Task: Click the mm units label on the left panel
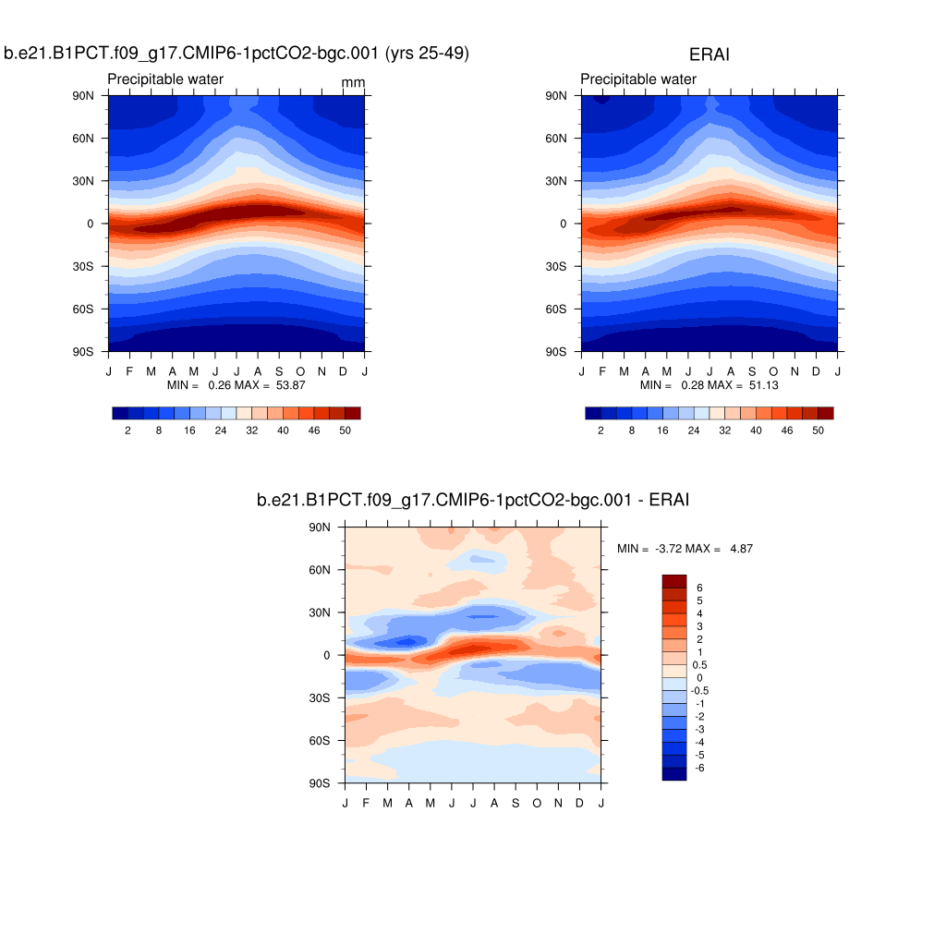pos(353,83)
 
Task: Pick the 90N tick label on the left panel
pos(84,95)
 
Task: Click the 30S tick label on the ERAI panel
pos(557,266)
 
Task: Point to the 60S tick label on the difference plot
pos(321,740)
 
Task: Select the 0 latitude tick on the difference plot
pos(327,655)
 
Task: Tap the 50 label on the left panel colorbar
pos(345,431)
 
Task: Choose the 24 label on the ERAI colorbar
pos(694,431)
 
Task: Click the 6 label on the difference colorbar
pos(700,588)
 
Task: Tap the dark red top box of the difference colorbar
pos(674,580)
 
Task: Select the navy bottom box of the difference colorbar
pos(674,774)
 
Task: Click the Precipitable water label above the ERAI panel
pos(638,79)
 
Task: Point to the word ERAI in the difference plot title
pos(670,500)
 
